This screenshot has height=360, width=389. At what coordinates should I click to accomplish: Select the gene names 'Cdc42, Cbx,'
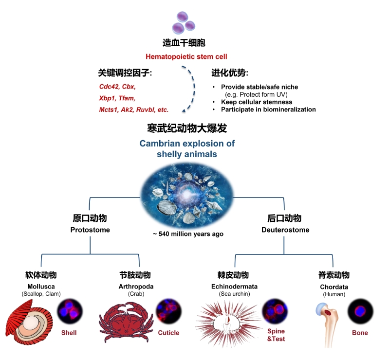[x=118, y=87]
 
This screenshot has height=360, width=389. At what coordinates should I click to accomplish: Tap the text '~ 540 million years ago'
[x=188, y=234]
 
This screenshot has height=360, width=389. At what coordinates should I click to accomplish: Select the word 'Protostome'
[x=90, y=230]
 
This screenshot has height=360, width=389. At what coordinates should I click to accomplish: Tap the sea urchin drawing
[x=227, y=322]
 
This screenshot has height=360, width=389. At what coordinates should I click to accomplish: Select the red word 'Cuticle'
[x=168, y=333]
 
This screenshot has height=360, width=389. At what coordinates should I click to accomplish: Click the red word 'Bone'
[x=360, y=333]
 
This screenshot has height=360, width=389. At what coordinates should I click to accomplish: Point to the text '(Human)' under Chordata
[x=334, y=294]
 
